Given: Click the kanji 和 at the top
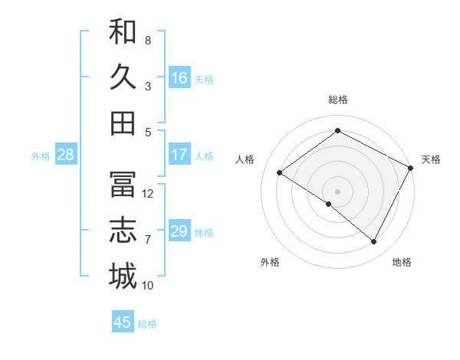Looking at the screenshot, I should click(x=123, y=33).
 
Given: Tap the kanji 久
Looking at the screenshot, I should click(x=123, y=77).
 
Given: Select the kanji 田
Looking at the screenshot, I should click(x=123, y=123).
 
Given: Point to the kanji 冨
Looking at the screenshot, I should click(x=123, y=185).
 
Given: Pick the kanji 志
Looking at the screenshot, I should click(x=123, y=231).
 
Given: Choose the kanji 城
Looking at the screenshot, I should click(x=123, y=277).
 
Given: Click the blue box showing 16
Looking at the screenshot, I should click(x=179, y=78).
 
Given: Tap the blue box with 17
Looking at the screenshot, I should click(x=179, y=155).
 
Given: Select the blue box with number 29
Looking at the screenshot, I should click(x=179, y=232).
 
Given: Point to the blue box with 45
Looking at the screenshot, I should click(x=123, y=322).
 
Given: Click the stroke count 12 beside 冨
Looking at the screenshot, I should click(x=148, y=193).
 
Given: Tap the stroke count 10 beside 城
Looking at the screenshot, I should click(x=148, y=286).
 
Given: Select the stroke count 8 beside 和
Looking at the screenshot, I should click(x=148, y=40).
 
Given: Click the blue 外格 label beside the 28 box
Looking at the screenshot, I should click(x=41, y=156).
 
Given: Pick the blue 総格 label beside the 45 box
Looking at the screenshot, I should click(x=147, y=324).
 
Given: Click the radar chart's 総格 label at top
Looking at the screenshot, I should click(x=337, y=100).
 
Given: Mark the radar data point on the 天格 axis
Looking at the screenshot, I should click(x=411, y=168).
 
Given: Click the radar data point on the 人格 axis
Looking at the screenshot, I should click(x=279, y=173).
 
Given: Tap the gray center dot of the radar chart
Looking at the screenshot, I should click(x=337, y=190).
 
